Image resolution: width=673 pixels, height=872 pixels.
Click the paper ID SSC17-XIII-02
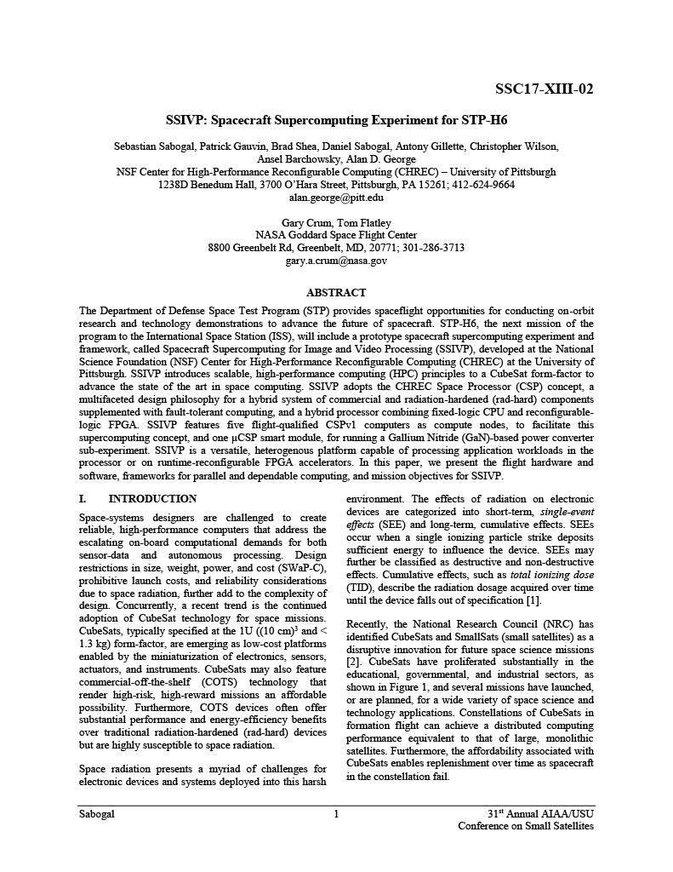tap(544, 89)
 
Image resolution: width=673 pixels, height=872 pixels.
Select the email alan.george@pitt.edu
tap(336, 197)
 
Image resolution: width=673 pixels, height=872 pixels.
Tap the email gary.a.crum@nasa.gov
tap(336, 261)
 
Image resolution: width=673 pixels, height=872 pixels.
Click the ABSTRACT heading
tap(336, 292)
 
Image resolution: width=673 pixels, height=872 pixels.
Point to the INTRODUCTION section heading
tap(152, 499)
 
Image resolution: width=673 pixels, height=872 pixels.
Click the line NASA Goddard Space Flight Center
tap(336, 235)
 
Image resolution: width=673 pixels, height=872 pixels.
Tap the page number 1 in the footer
tap(336, 815)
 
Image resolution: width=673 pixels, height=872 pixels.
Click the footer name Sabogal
tap(96, 815)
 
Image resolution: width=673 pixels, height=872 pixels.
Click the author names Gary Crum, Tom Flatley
tap(336, 222)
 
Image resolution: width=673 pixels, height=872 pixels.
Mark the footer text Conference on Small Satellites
tap(526, 827)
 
